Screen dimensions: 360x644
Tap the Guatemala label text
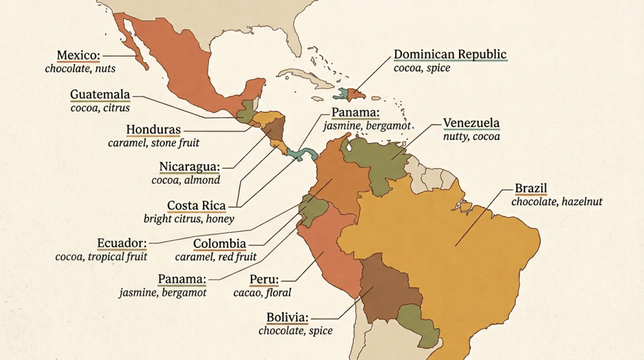(x=100, y=95)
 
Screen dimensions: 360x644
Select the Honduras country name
(x=153, y=130)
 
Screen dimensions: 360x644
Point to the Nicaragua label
(x=189, y=167)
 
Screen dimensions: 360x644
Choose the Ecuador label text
(x=122, y=243)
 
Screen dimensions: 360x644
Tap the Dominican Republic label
(x=450, y=54)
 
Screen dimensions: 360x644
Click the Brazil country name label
(x=531, y=188)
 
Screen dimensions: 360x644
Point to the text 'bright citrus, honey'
(x=189, y=219)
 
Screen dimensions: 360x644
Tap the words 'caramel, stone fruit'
(x=153, y=143)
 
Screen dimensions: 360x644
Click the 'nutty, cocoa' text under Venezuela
(x=472, y=136)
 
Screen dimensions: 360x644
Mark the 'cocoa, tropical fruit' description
(x=101, y=256)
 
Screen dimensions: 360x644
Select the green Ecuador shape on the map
(x=312, y=210)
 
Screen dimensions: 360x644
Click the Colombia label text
(x=219, y=244)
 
